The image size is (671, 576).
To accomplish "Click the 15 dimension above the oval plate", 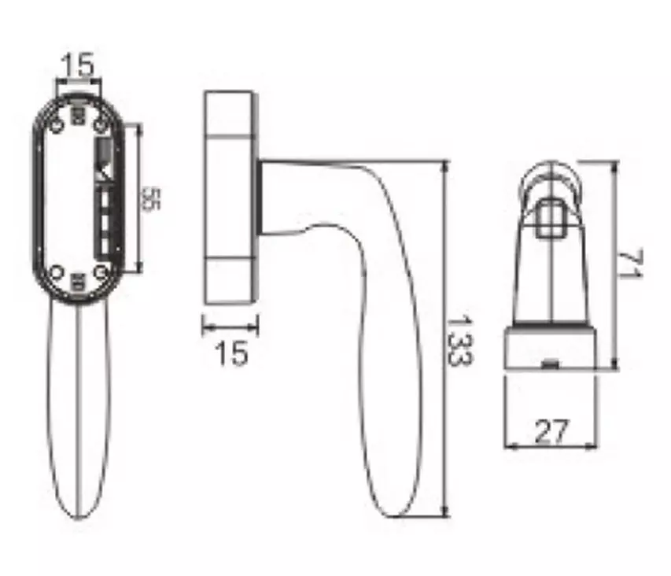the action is click(78, 65).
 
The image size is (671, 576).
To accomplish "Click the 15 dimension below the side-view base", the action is click(231, 353).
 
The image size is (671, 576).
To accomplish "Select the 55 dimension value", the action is click(150, 199).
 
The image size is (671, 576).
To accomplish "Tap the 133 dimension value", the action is click(460, 341).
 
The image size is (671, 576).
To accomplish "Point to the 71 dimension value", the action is click(630, 264).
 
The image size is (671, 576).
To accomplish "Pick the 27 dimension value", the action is click(552, 431).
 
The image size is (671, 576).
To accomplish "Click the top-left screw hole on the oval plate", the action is click(57, 126).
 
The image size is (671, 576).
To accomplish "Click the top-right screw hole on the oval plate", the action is click(101, 126).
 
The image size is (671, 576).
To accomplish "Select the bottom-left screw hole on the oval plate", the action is click(57, 271).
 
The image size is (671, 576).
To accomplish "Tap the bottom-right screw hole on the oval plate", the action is click(101, 271).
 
